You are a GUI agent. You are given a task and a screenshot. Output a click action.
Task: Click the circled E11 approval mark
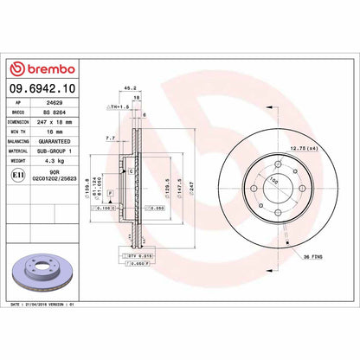[16, 173]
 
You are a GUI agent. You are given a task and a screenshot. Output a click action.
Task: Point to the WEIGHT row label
[17, 160]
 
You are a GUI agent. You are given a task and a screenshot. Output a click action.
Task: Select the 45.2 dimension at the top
[129, 87]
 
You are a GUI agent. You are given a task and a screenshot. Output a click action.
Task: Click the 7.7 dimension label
[110, 138]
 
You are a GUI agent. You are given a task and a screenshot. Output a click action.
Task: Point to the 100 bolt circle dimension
[276, 181]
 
